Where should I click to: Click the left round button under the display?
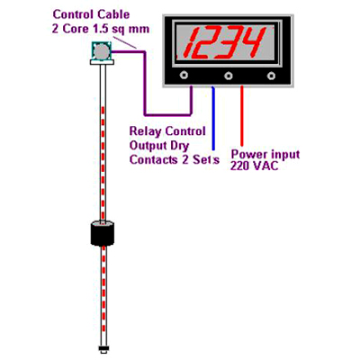point(184,75)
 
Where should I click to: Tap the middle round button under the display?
point(229,76)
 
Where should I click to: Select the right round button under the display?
point(272,76)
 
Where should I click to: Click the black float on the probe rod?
point(103,233)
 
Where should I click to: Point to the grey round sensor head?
point(102,51)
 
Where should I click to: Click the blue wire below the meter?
point(213,118)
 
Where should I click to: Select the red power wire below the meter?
point(242,116)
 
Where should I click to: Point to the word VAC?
point(265,166)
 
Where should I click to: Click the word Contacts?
point(154,159)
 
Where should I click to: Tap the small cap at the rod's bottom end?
point(103,348)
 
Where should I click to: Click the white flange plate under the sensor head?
point(103,62)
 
